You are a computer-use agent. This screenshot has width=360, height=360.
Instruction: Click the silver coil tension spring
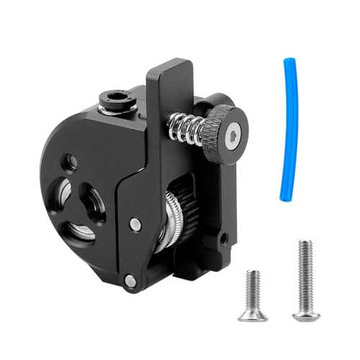pos(184,130)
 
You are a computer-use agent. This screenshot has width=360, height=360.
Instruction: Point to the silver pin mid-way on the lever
pos(135,225)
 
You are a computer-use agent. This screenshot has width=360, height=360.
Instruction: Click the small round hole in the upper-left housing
pos(72,161)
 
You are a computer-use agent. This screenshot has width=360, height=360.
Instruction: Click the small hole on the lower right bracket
pos(225,235)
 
